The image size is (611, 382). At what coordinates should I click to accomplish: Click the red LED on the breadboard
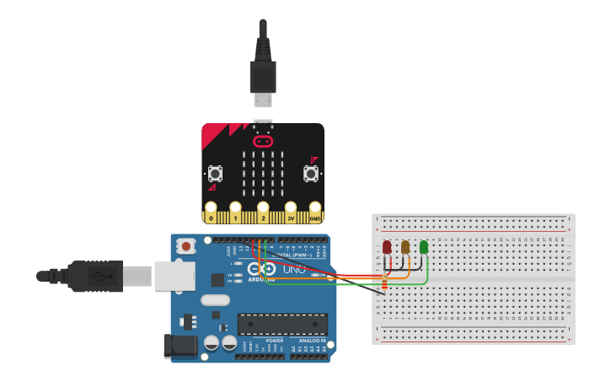(x=387, y=247)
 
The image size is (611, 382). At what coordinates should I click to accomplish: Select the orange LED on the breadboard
(x=405, y=247)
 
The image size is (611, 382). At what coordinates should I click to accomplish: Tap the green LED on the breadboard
(x=424, y=247)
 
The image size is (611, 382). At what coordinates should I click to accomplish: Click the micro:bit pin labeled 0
(x=211, y=211)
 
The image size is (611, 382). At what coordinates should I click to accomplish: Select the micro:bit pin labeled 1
(x=236, y=211)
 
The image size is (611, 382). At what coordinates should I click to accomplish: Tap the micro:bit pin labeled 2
(x=263, y=211)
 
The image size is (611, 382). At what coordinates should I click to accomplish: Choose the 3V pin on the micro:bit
(x=291, y=211)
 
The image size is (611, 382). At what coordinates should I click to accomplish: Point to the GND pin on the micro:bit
(x=315, y=211)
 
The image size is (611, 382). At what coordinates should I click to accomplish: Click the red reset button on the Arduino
(x=185, y=246)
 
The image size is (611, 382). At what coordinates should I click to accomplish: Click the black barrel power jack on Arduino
(x=180, y=345)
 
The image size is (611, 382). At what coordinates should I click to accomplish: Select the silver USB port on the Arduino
(x=175, y=276)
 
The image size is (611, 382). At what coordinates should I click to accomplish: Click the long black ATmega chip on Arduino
(x=282, y=324)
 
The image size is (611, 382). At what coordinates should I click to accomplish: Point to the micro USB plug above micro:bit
(x=263, y=80)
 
